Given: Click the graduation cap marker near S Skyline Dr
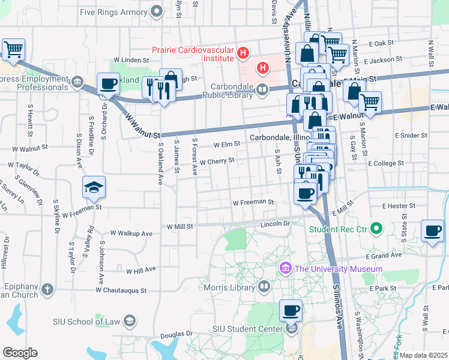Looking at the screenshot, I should (94, 188).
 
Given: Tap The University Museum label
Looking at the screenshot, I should (338, 269).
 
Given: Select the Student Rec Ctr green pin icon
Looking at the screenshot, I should (376, 229).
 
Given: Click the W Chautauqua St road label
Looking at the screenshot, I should (121, 290).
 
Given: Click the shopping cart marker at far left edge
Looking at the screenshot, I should (13, 50).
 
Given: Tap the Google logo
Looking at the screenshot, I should (20, 353).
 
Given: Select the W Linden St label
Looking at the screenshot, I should (131, 61).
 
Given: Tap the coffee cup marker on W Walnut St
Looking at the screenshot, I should (108, 84).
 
